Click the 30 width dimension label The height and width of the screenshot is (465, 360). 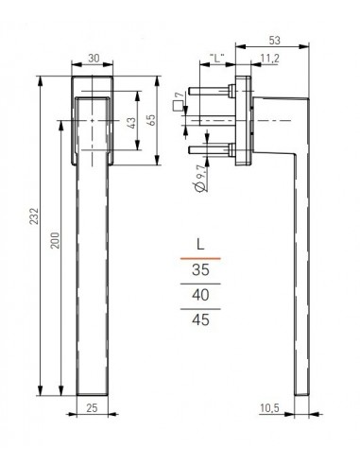[x=94, y=58]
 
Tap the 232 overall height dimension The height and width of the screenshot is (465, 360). [x=34, y=215]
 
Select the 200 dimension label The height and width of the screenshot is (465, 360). [x=55, y=240]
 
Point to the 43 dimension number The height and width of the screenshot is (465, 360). [x=132, y=123]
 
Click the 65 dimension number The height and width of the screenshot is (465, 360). [x=151, y=120]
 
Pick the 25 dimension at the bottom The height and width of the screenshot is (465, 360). [x=92, y=408]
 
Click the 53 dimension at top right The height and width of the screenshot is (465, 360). [x=274, y=41]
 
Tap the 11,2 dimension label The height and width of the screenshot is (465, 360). [x=270, y=58]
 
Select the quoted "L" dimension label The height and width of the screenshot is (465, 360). [x=217, y=58]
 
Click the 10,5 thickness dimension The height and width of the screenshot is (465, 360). [x=269, y=408]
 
